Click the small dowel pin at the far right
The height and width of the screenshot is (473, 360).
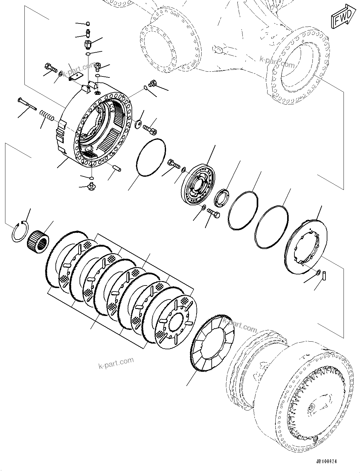point(325,274)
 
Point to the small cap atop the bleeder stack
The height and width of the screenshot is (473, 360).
point(88,23)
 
